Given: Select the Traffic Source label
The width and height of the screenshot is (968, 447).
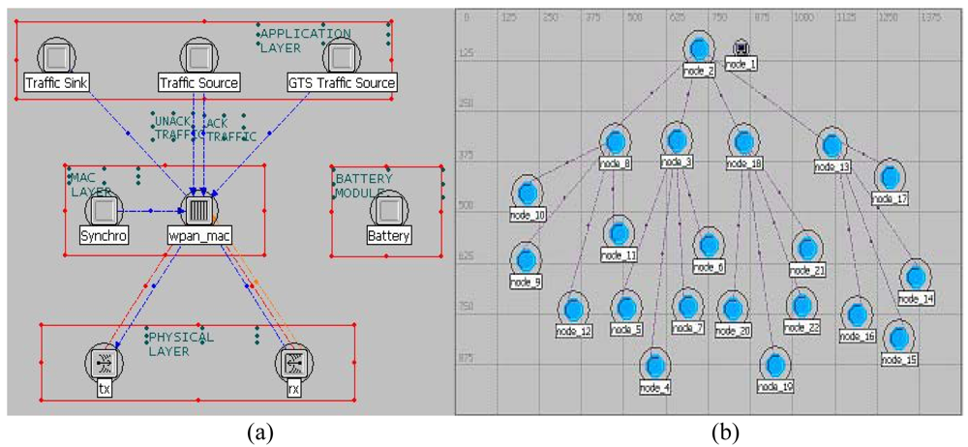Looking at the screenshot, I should (197, 83).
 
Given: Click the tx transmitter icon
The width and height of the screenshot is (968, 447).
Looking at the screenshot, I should (102, 362).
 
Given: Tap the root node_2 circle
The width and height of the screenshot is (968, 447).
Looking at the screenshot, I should (698, 47).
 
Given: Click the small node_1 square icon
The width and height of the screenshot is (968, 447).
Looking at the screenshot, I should (741, 47).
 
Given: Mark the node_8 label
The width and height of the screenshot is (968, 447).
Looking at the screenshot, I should (615, 164).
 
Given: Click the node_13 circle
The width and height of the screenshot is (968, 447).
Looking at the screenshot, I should (831, 143).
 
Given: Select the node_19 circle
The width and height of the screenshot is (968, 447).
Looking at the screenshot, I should (774, 365).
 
